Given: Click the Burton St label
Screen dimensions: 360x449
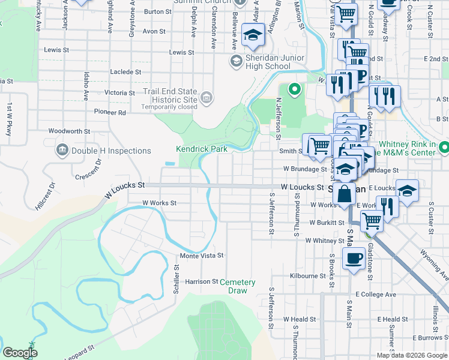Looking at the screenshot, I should coord(158,11).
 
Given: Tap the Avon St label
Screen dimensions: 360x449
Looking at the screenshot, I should coord(154,31).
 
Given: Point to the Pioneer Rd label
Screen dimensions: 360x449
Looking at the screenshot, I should coord(110,112).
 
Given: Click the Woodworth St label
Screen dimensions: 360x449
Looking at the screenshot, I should coord(69,131).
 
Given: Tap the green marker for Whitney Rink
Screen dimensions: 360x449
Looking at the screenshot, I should coord(444,147).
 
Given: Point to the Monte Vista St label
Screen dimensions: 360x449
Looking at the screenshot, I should coord(202,256).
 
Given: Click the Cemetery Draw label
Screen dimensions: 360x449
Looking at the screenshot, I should coord(238,286).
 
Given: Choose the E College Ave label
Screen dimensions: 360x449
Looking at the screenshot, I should coord(376,295).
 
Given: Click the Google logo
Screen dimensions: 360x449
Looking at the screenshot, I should coord(20,353).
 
